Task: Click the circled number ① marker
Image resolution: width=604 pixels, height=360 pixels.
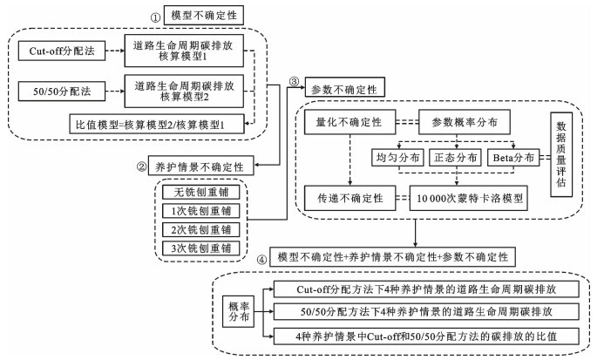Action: click(156, 16)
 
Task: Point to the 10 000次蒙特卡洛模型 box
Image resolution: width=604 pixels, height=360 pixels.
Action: click(471, 197)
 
